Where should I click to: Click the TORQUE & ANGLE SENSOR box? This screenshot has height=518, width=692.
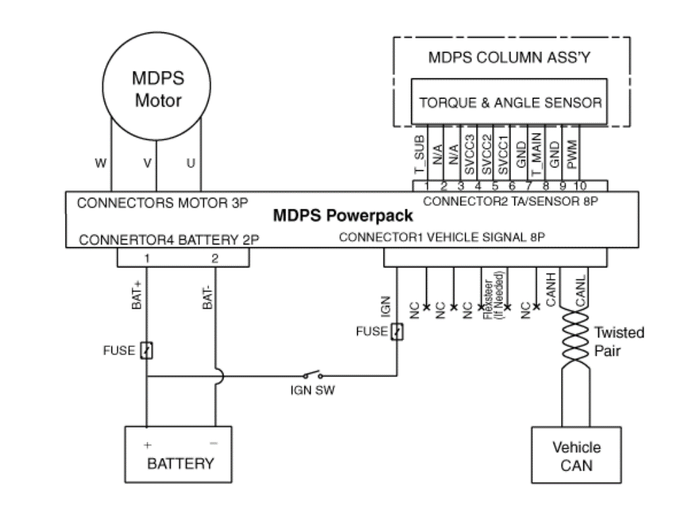[x=510, y=103]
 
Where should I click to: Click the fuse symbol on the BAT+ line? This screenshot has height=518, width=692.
[x=147, y=351]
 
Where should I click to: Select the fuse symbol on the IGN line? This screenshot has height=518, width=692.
[x=397, y=332]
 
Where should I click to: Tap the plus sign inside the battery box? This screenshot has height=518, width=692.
[x=147, y=446]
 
